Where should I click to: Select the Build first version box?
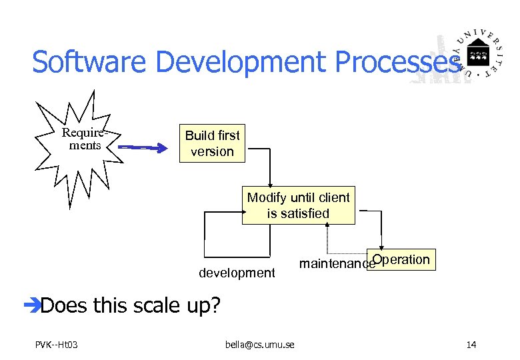pyautogui.click(x=212, y=143)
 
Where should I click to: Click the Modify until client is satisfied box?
pyautogui.click(x=298, y=205)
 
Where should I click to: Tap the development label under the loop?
pyautogui.click(x=237, y=273)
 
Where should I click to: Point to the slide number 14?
pyautogui.click(x=471, y=345)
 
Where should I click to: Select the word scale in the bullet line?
pyautogui.click(x=163, y=305)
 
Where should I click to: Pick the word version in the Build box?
pyautogui.click(x=212, y=152)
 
